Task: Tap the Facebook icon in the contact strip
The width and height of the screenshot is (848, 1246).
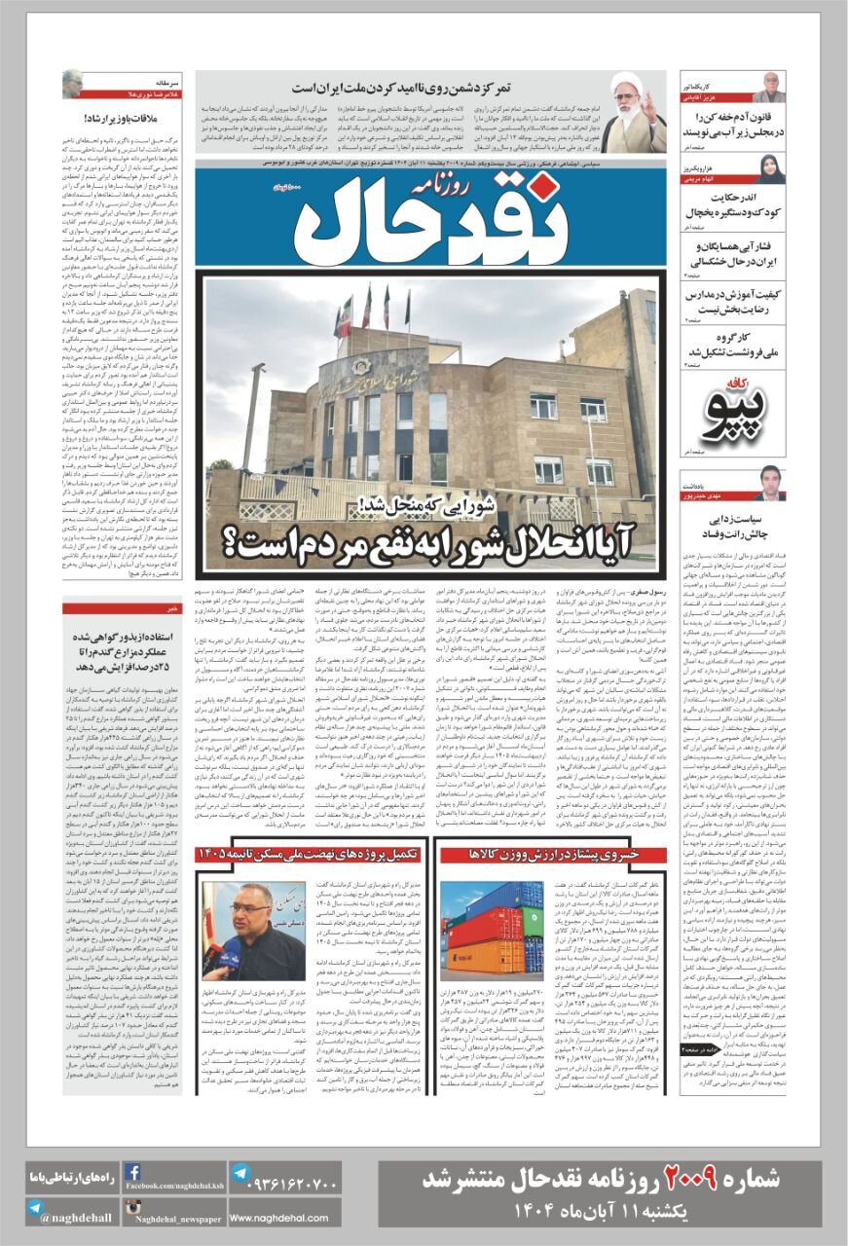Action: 132,1173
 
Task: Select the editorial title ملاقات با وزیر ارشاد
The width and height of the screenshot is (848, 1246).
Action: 106,120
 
